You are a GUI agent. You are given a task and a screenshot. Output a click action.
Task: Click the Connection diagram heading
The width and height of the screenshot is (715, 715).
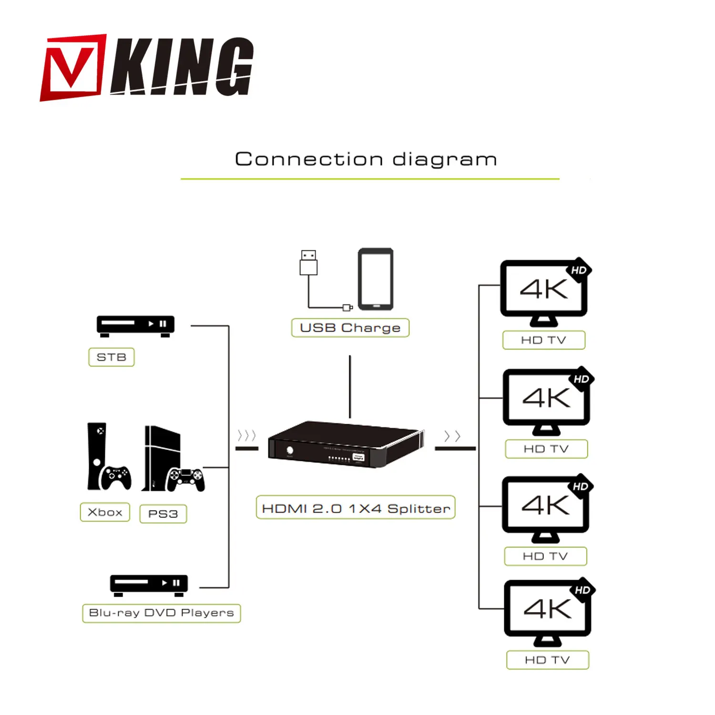click(x=366, y=159)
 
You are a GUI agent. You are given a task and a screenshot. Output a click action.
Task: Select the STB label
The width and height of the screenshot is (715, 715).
click(x=112, y=357)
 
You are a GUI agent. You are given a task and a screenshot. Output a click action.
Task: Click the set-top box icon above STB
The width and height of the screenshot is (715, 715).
click(x=135, y=326)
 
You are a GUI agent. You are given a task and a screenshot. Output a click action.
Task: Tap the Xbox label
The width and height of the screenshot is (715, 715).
click(x=105, y=512)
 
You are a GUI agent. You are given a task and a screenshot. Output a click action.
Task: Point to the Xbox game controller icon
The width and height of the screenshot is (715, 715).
click(x=115, y=477)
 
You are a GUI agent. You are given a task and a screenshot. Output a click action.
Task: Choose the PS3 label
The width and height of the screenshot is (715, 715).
click(x=163, y=514)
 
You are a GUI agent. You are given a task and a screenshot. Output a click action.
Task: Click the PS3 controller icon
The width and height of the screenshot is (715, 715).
click(x=185, y=479)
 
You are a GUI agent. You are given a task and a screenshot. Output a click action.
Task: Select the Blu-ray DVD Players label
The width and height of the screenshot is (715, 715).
click(x=162, y=613)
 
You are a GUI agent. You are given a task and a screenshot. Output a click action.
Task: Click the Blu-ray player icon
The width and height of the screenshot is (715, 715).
click(x=149, y=584)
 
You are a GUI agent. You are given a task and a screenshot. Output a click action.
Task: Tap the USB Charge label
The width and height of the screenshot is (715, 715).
click(x=350, y=328)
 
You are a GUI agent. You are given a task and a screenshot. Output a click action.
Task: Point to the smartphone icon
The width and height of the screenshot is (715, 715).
click(x=376, y=279)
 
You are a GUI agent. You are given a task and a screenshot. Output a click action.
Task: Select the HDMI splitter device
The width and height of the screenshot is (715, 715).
click(x=345, y=444)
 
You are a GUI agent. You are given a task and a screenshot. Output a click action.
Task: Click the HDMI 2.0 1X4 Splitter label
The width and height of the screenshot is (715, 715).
click(x=356, y=508)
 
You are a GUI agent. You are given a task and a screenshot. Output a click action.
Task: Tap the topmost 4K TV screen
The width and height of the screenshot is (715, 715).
click(x=544, y=289)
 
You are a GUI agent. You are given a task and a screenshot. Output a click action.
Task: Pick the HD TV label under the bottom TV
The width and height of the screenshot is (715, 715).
click(x=548, y=660)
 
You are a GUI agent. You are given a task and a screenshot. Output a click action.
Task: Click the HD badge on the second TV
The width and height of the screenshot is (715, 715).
click(x=581, y=379)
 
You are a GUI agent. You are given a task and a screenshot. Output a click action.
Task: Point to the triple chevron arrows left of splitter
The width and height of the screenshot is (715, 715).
click(x=247, y=435)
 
